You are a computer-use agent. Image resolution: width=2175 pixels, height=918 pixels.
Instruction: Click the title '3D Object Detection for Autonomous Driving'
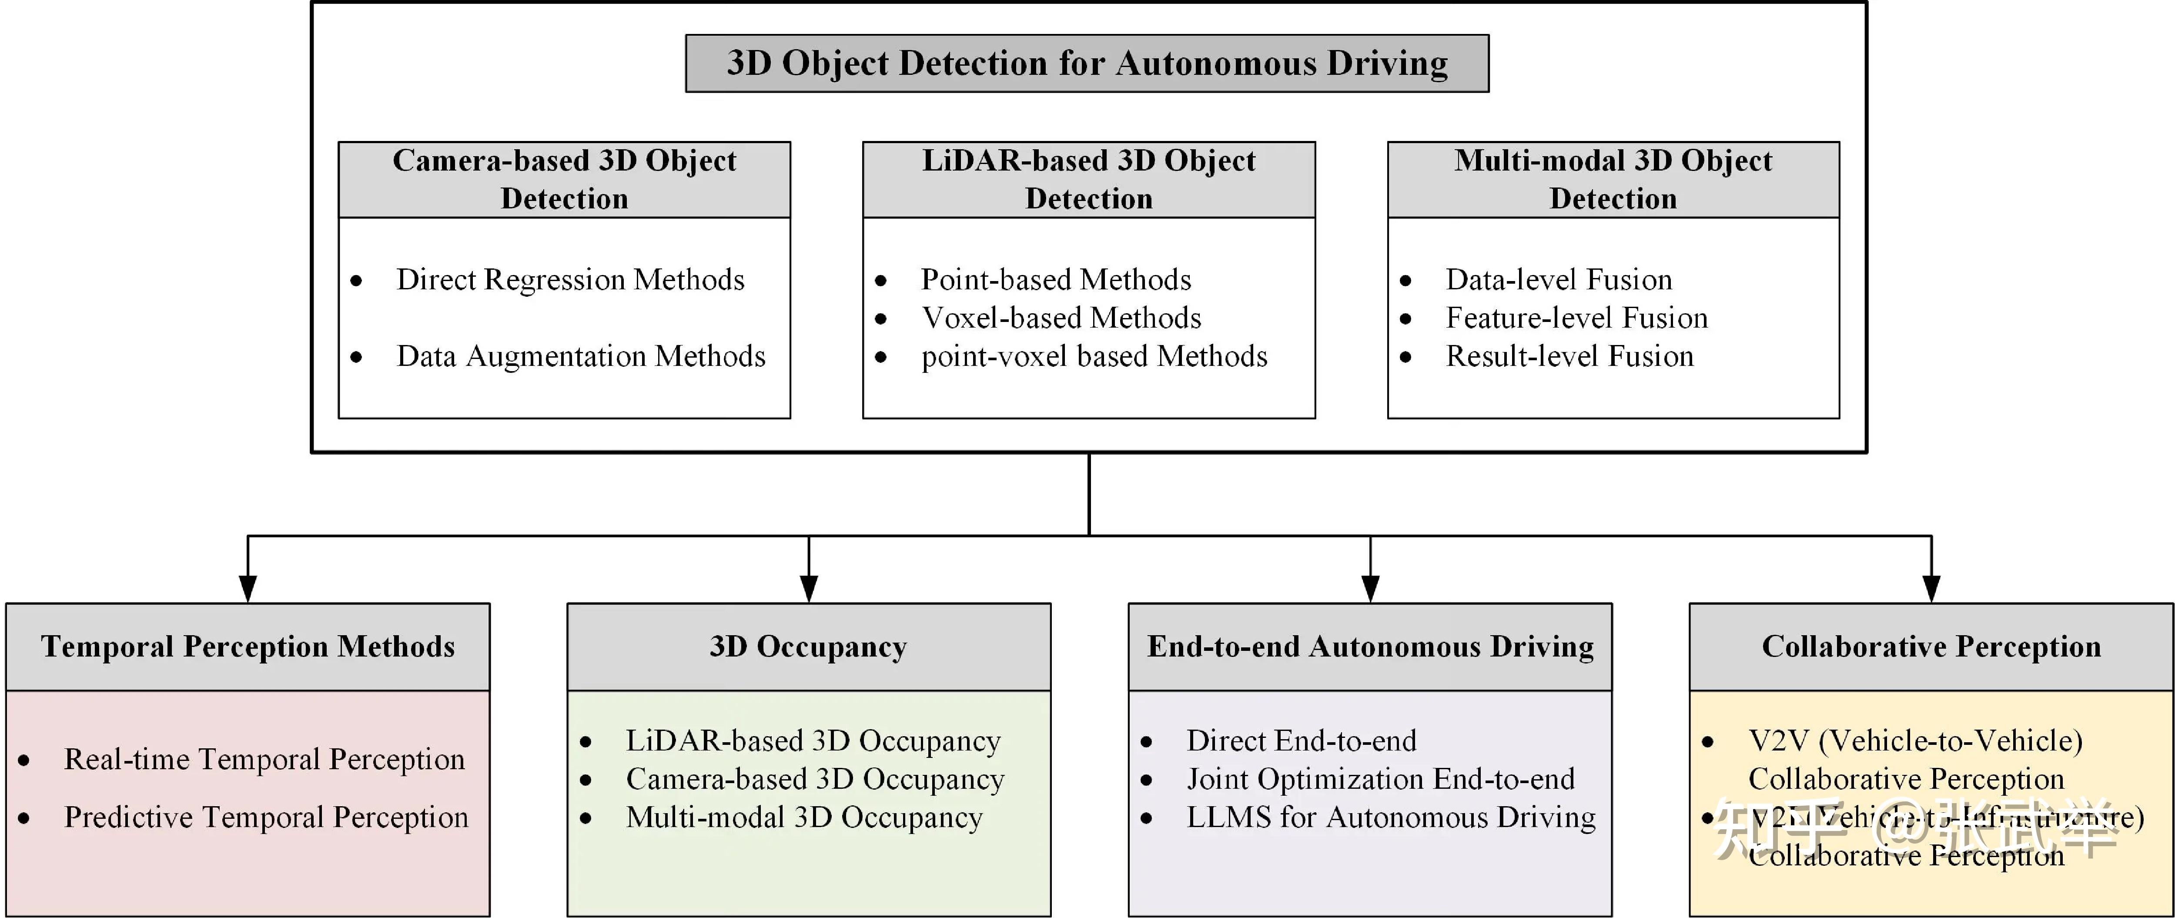(x=1087, y=64)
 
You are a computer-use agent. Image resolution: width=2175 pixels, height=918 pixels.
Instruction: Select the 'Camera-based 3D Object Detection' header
(x=564, y=179)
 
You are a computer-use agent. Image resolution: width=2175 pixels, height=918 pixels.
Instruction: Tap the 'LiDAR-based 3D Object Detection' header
(x=1088, y=179)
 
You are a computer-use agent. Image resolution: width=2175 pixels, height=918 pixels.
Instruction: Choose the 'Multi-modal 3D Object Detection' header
(x=1613, y=179)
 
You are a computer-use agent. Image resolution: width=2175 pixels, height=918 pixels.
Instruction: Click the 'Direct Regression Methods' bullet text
(x=570, y=280)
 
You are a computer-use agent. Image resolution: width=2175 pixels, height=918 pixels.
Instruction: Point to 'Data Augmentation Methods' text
(x=581, y=356)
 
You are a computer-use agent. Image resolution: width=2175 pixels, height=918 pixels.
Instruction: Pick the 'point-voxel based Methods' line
(x=1094, y=356)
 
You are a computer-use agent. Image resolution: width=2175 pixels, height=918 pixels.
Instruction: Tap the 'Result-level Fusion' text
(x=1569, y=356)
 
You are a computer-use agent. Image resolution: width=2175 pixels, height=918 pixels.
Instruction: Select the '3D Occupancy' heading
(x=808, y=647)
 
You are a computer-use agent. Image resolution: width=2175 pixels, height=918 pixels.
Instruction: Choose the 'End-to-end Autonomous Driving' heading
(x=1369, y=647)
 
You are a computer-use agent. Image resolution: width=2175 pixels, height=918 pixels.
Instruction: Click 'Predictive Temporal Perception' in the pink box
(x=266, y=817)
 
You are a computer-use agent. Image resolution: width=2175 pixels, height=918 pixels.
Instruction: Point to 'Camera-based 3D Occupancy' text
(x=815, y=779)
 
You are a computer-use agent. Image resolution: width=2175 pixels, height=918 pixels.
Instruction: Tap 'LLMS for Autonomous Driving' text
(x=1391, y=817)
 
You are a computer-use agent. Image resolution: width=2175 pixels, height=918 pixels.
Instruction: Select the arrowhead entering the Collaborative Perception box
(x=1931, y=589)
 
